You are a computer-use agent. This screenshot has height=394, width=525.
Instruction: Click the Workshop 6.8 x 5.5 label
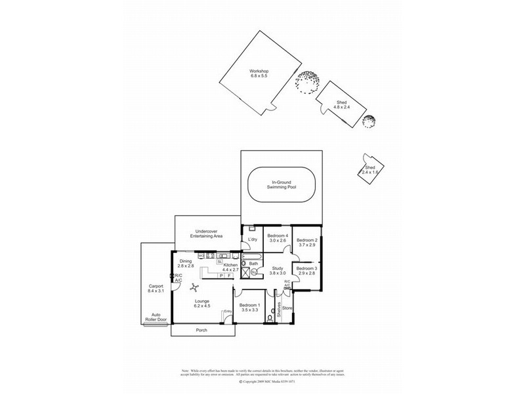[259, 74]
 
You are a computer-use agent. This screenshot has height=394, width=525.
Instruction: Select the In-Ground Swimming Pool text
[282, 185]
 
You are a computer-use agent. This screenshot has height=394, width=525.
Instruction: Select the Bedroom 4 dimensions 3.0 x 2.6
[278, 240]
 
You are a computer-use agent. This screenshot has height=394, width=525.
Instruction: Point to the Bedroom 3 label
[306, 272]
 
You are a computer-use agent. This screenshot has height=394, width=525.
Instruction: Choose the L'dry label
[253, 240]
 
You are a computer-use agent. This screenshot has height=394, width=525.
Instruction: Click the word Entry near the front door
[228, 311]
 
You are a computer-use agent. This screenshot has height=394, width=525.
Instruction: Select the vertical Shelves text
[278, 309]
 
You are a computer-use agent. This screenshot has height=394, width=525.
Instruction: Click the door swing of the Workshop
[268, 110]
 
